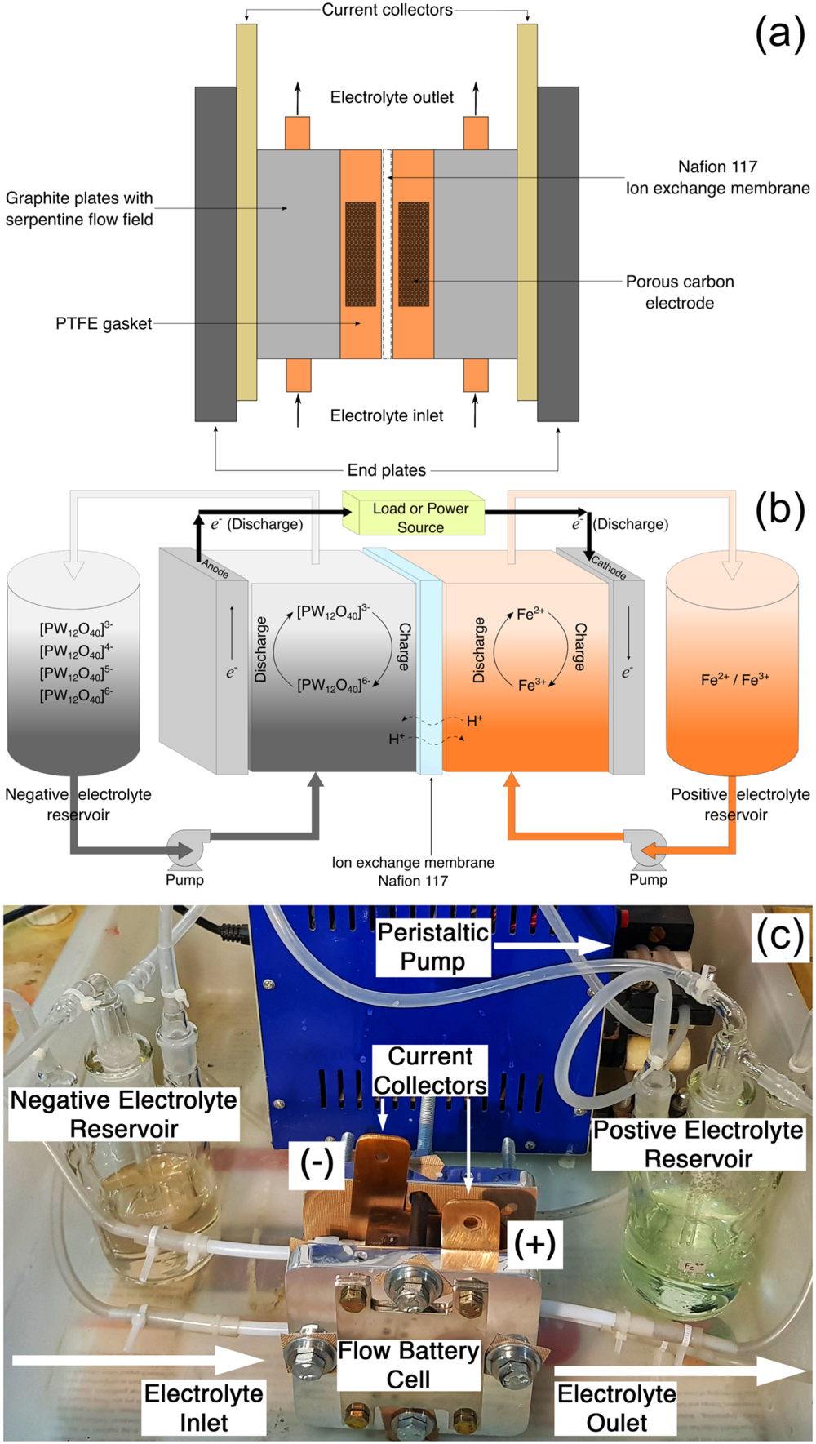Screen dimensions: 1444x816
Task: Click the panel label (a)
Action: click(779, 34)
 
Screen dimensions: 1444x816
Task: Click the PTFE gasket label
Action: click(103, 323)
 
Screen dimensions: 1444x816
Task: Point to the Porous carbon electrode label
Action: click(679, 292)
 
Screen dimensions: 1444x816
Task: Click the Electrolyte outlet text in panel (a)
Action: click(392, 97)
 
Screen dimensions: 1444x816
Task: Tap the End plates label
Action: click(387, 470)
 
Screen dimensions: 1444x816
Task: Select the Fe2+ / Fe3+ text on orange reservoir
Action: click(734, 679)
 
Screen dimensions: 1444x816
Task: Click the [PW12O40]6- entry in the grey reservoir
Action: click(76, 695)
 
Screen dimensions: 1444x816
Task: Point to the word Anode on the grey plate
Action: click(215, 568)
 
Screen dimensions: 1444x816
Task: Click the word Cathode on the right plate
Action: click(609, 567)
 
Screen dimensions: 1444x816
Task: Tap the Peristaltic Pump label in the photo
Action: click(432, 947)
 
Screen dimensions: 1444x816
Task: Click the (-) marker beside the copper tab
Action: click(317, 1162)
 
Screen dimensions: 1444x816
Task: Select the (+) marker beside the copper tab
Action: click(534, 1243)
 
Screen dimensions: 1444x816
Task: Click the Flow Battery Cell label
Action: click(408, 1365)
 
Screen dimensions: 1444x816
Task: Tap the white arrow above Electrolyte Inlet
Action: click(135, 1360)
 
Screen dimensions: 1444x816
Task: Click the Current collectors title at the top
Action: click(387, 10)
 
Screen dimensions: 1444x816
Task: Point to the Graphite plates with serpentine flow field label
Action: click(79, 208)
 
